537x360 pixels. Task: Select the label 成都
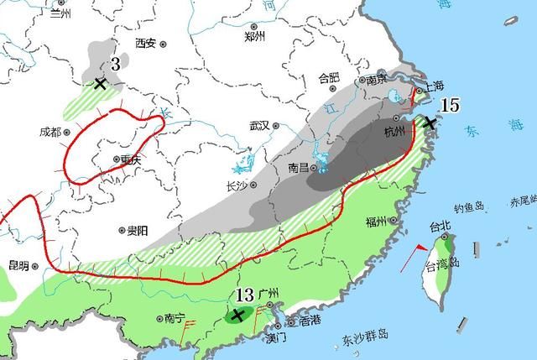pos(50,132)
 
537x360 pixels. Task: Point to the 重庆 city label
pos(128,159)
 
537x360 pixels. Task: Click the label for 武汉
pos(258,126)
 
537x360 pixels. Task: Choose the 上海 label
pos(435,86)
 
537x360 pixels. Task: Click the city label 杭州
pos(394,132)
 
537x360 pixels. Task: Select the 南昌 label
pos(299,168)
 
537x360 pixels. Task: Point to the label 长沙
pos(237,186)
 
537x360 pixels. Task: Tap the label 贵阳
pos(138,229)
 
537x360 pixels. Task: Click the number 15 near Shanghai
pos(450,105)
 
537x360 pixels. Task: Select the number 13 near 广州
pos(244,295)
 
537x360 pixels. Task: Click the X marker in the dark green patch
pos(238,315)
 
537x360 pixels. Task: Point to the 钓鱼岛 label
pos(469,207)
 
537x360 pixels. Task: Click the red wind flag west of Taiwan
pos(415,250)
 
